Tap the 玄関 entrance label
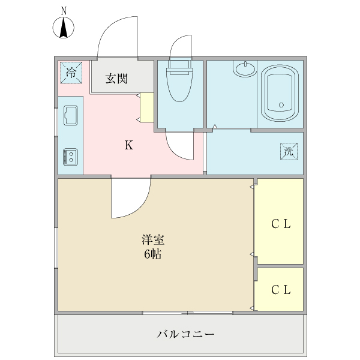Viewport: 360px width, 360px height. pyautogui.click(x=117, y=78)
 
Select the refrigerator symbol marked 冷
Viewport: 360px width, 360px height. pyautogui.click(x=71, y=73)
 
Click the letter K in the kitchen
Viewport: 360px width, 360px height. pyautogui.click(x=128, y=145)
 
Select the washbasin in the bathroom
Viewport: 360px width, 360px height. pyautogui.click(x=245, y=69)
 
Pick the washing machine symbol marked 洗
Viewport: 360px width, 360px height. pyautogui.click(x=288, y=152)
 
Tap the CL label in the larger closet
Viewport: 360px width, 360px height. pyautogui.click(x=281, y=225)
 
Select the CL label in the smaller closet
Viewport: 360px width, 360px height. pyautogui.click(x=281, y=290)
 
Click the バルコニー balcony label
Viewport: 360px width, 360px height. pyautogui.click(x=186, y=334)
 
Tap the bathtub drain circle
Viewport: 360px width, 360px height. pyautogui.click(x=280, y=105)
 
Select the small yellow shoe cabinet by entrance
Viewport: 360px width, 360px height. pyautogui.click(x=147, y=107)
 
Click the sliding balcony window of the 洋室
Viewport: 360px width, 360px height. pyautogui.click(x=188, y=313)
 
